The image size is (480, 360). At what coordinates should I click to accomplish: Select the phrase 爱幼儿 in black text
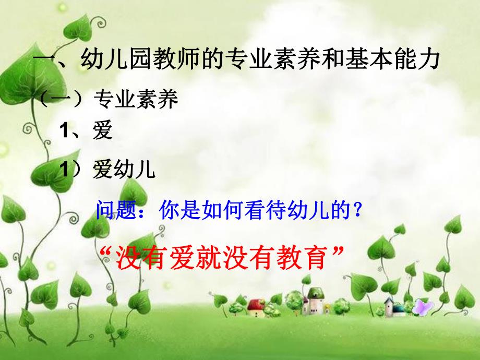[124, 170]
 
